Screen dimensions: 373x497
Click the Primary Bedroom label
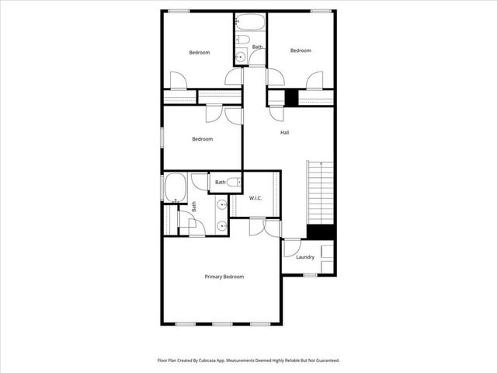click(x=224, y=277)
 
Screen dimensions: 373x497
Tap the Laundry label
click(x=304, y=257)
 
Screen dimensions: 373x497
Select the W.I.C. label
click(x=255, y=198)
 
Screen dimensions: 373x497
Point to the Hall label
click(x=285, y=133)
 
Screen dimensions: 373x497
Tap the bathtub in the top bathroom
click(x=250, y=20)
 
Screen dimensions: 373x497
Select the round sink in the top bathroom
click(x=240, y=57)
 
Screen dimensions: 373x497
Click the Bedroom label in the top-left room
click(x=200, y=53)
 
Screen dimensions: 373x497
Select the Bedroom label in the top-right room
click(x=301, y=51)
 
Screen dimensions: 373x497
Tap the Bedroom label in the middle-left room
click(x=203, y=139)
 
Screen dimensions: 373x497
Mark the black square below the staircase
click(x=320, y=232)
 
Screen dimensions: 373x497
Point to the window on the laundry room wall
click(x=310, y=274)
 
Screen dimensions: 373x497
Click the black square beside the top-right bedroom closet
click(x=291, y=97)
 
